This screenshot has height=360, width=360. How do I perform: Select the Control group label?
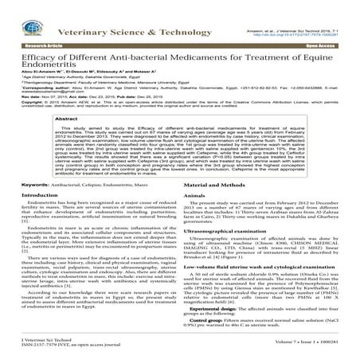point(205,335)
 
